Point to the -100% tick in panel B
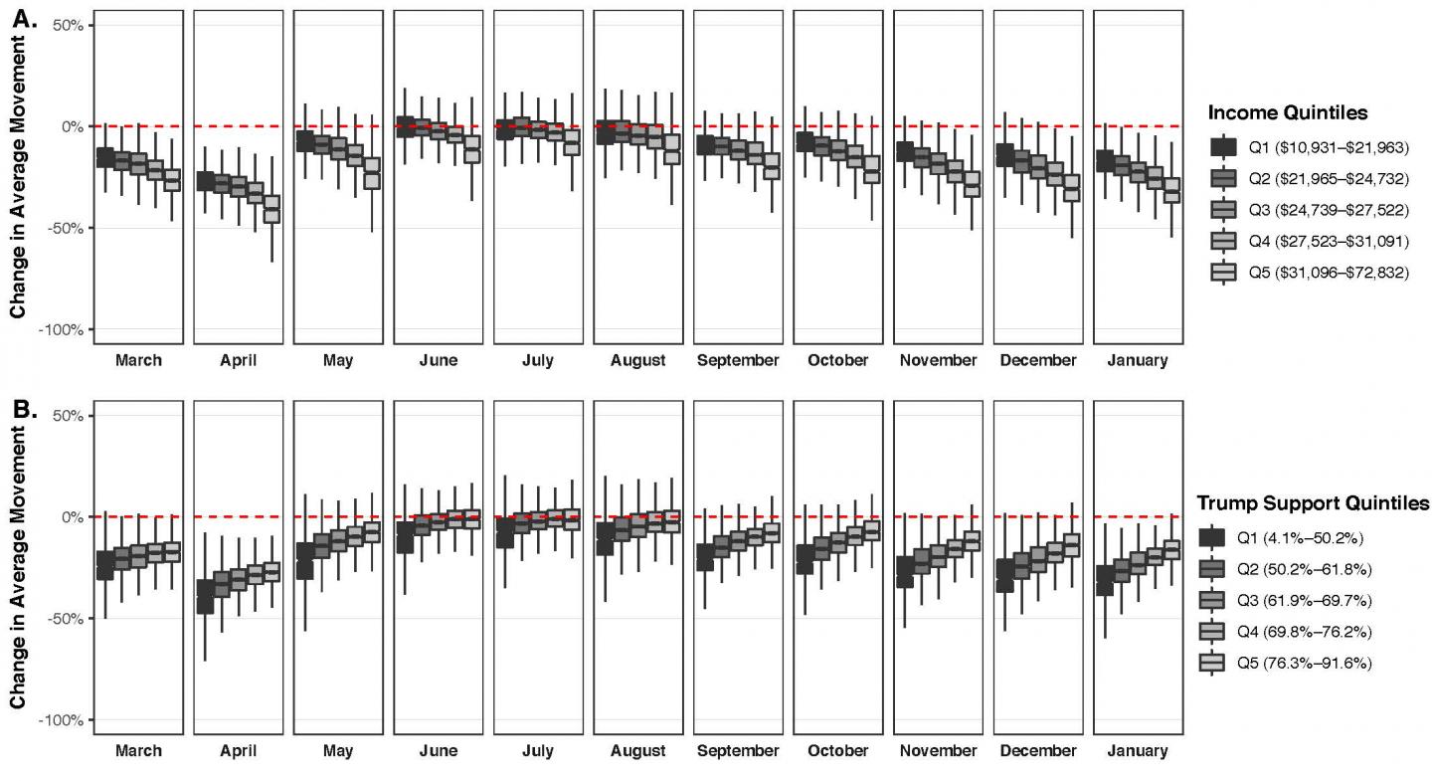[62, 719]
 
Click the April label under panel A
[239, 360]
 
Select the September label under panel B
[738, 751]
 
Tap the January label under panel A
[1138, 360]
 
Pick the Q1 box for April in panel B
[205, 596]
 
